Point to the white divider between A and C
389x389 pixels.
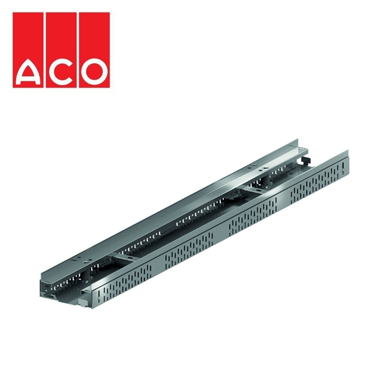pos(45,49)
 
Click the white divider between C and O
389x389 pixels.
pos(77,49)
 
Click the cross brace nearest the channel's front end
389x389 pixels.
pos(127,260)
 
